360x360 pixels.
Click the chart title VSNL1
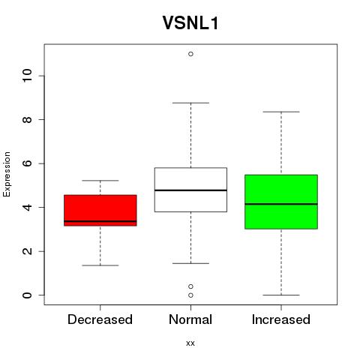[x=190, y=23]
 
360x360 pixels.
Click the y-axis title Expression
[x=7, y=174]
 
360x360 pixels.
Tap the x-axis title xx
[x=190, y=343]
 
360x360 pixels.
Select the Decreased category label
[x=100, y=319]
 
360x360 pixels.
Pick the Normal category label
[x=190, y=319]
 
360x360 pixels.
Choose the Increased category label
[x=281, y=319]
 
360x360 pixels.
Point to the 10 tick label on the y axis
[x=27, y=76]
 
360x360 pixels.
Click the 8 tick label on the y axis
[x=27, y=119]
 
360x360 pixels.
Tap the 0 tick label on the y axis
[x=27, y=295]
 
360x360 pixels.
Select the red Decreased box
[x=100, y=210]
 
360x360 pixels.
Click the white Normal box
[x=190, y=190]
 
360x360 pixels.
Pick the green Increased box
[x=281, y=202]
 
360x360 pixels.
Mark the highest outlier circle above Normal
[x=190, y=54]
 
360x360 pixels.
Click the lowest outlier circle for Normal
[x=190, y=295]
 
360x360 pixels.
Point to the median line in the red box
[x=100, y=221]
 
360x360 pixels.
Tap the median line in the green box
[x=281, y=204]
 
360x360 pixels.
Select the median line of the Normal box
[x=190, y=190]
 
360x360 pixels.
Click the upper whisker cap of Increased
[x=281, y=112]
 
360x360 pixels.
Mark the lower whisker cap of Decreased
[x=100, y=265]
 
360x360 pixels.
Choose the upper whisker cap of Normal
[x=190, y=103]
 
